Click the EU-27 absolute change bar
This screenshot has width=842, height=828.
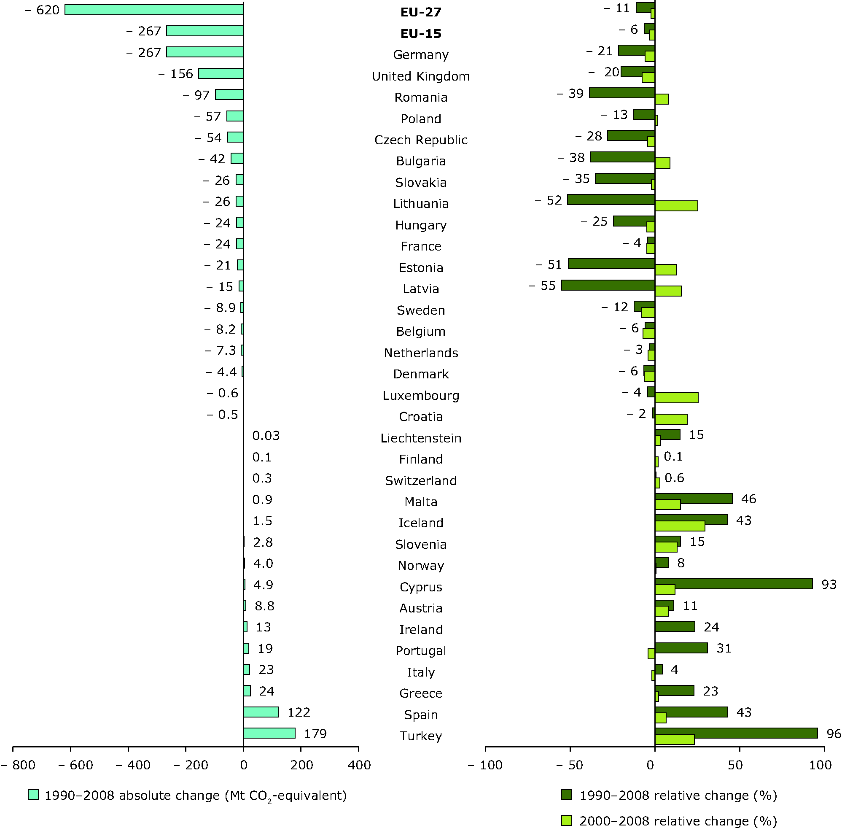point(154,10)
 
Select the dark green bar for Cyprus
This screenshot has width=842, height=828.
point(733,584)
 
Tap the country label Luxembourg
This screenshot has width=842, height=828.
point(421,395)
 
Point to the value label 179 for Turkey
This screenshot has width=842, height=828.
point(315,734)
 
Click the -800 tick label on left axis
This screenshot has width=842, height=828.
point(18,765)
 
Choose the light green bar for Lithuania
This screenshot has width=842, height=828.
point(676,206)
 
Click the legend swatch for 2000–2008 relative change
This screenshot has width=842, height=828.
point(566,820)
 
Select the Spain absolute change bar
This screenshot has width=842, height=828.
point(261,712)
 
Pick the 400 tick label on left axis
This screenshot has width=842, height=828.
point(360,765)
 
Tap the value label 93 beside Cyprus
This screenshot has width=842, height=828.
point(829,585)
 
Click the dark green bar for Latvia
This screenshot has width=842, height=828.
point(608,285)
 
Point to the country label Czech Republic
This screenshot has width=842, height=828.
point(421,140)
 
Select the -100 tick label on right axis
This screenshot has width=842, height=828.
point(485,765)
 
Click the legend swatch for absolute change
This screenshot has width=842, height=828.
point(33,795)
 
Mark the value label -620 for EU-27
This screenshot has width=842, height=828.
point(42,10)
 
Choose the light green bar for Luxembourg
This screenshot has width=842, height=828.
point(676,397)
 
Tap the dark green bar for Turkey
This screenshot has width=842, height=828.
point(736,733)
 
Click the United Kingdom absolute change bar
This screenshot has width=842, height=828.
point(221,73)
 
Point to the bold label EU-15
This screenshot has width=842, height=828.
point(421,33)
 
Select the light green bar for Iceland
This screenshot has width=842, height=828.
point(680,526)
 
